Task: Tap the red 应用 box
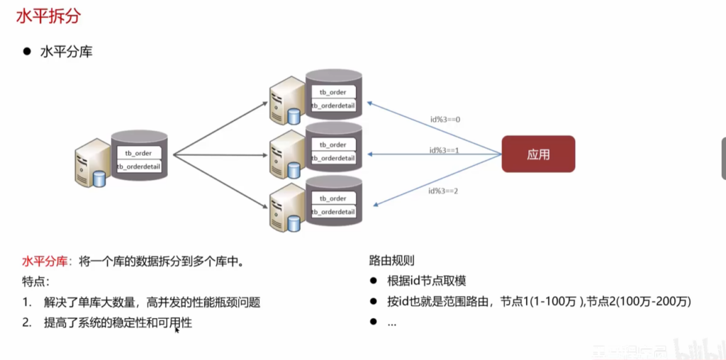click(x=538, y=154)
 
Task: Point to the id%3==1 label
click(x=445, y=150)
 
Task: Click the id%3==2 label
click(x=444, y=191)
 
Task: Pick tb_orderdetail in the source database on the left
click(x=139, y=167)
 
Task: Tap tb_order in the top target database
click(x=333, y=92)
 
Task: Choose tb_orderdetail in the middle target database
click(x=333, y=158)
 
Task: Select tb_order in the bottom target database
click(x=333, y=198)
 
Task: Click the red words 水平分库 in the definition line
click(x=44, y=261)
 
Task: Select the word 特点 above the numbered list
click(x=34, y=281)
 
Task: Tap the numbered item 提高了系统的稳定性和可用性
click(x=118, y=322)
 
